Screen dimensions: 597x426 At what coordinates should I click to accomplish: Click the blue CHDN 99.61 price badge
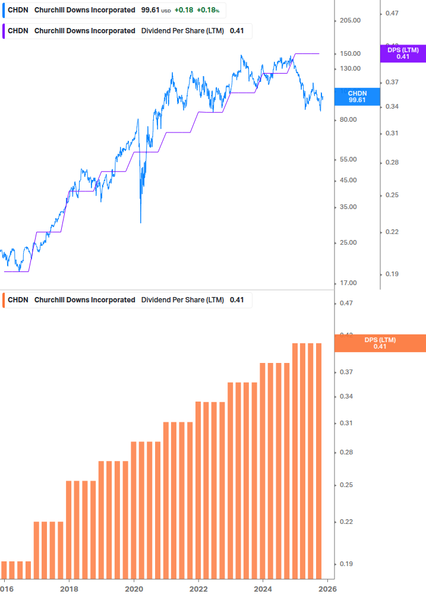[x=357, y=97]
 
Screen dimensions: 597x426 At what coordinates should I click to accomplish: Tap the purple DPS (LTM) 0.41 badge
[x=403, y=53]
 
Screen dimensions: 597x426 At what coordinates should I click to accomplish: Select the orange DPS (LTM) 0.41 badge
[x=380, y=343]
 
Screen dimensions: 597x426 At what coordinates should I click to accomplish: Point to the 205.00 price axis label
[x=350, y=20]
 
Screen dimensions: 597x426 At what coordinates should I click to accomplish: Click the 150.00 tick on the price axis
[x=350, y=53]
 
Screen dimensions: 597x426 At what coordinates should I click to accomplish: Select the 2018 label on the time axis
[x=70, y=588]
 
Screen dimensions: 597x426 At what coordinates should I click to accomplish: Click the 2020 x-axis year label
[x=134, y=588]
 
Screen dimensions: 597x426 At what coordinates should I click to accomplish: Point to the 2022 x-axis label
[x=198, y=588]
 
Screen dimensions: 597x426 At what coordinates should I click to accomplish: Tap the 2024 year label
[x=263, y=588]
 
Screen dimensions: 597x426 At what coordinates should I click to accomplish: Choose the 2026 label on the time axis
[x=327, y=588]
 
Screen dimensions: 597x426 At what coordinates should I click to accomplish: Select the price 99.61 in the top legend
[x=150, y=10]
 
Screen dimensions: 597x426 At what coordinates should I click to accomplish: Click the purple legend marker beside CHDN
[x=4, y=31]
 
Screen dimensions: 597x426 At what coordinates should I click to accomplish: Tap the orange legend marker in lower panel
[x=4, y=300]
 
